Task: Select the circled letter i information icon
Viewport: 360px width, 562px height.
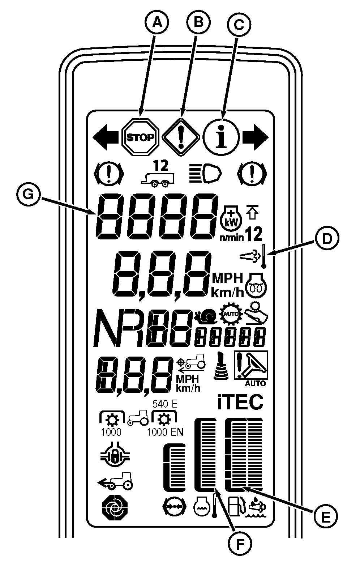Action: pyautogui.click(x=221, y=137)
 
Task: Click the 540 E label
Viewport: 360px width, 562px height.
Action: pyautogui.click(x=165, y=404)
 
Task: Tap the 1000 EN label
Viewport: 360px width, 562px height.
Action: pyautogui.click(x=165, y=432)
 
